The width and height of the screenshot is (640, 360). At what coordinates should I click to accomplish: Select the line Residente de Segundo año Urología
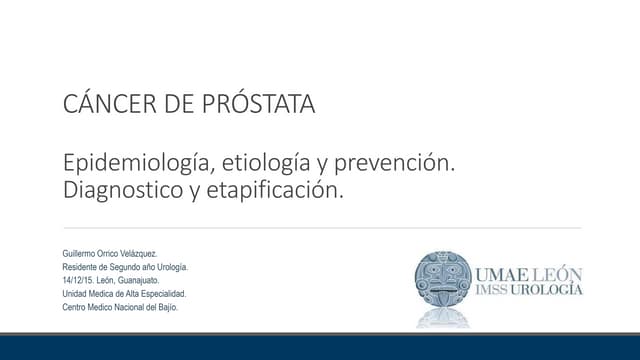pyautogui.click(x=125, y=267)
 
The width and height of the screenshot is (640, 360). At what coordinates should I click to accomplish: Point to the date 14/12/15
pyautogui.click(x=78, y=280)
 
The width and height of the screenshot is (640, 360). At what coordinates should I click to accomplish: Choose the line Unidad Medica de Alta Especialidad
pyautogui.click(x=126, y=293)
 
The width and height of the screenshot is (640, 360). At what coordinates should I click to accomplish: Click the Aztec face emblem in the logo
pyautogui.click(x=443, y=282)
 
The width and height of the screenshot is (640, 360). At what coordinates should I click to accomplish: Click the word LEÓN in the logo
pyautogui.click(x=560, y=273)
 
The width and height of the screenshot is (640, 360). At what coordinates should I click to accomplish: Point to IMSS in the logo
pyautogui.click(x=497, y=290)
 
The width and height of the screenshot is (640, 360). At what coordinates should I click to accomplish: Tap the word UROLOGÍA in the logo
pyautogui.click(x=553, y=290)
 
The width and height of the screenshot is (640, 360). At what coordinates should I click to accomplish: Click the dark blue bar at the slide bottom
pyautogui.click(x=320, y=348)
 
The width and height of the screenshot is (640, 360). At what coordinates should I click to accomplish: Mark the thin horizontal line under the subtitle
pyautogui.click(x=320, y=228)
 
